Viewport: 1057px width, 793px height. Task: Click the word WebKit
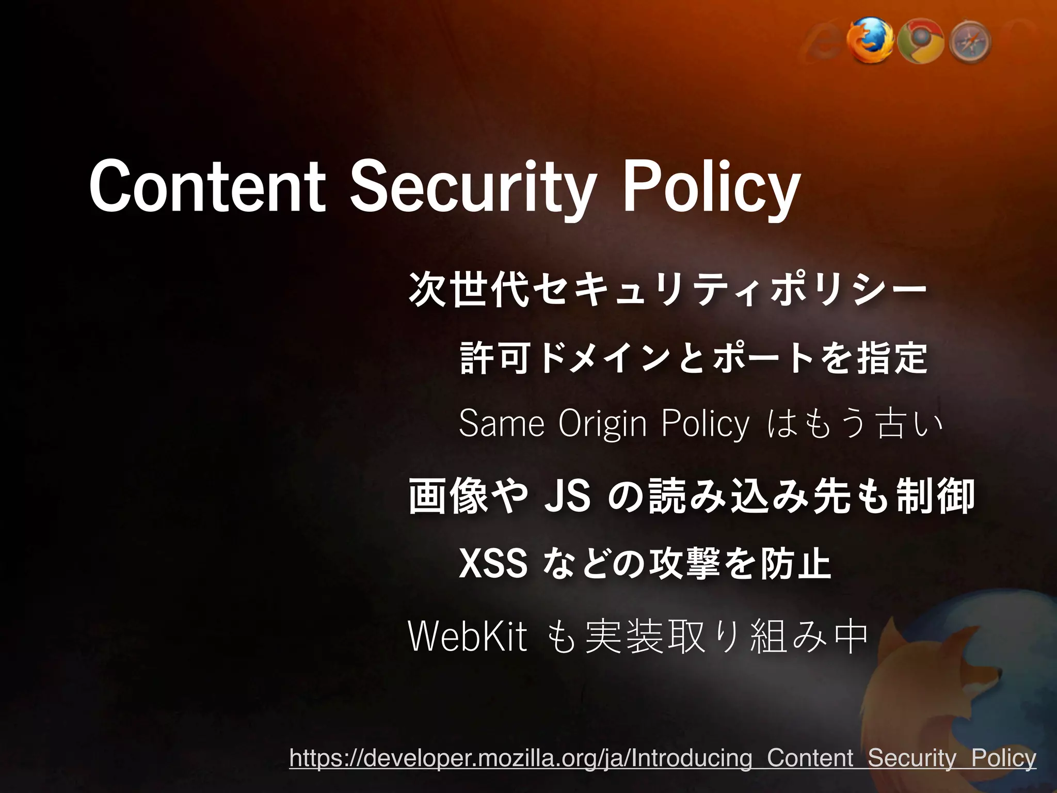[x=468, y=637]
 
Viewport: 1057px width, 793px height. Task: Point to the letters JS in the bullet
[x=567, y=496]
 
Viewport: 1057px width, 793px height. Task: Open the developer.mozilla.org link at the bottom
[x=663, y=758]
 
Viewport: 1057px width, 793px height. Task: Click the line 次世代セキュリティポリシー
[x=667, y=290]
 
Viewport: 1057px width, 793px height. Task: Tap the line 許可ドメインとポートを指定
[x=693, y=357]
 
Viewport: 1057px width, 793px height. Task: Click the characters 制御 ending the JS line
[x=935, y=496]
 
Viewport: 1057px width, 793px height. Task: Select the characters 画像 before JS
[x=449, y=496]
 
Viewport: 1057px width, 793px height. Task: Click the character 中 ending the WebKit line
[x=851, y=637]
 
